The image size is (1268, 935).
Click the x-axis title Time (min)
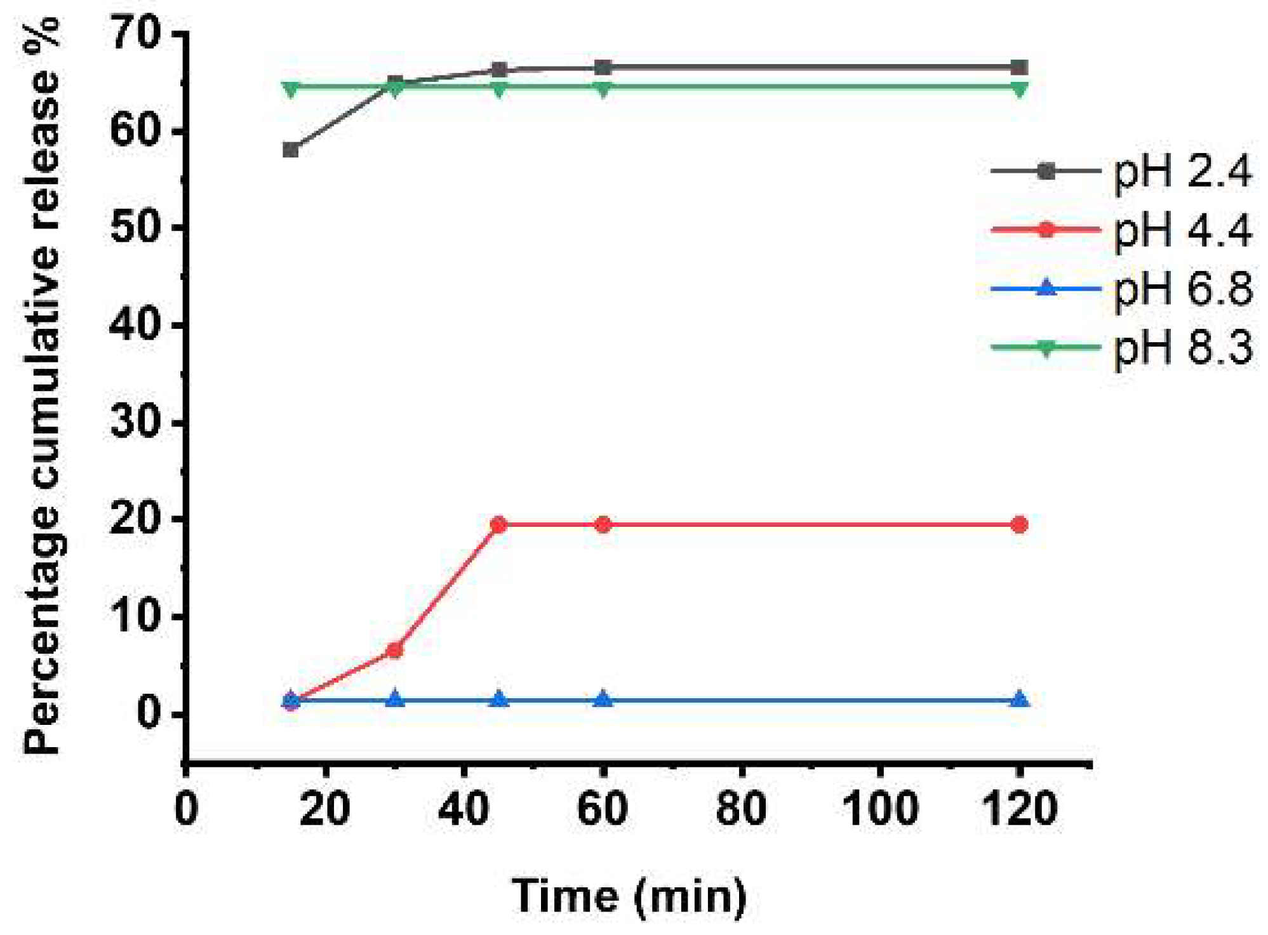pyautogui.click(x=629, y=896)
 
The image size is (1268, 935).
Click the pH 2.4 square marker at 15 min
pyautogui.click(x=291, y=150)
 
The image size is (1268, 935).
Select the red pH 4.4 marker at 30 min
pyautogui.click(x=394, y=650)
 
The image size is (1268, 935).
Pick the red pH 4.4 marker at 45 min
pyautogui.click(x=499, y=525)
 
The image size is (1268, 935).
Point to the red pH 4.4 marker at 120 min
pyautogui.click(x=1019, y=525)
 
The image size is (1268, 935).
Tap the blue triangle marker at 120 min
pyautogui.click(x=1019, y=700)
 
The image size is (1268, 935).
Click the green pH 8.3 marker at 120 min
pyautogui.click(x=1019, y=89)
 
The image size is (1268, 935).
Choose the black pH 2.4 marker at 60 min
pyautogui.click(x=603, y=67)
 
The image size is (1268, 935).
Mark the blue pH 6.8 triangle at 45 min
pyautogui.click(x=499, y=700)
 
